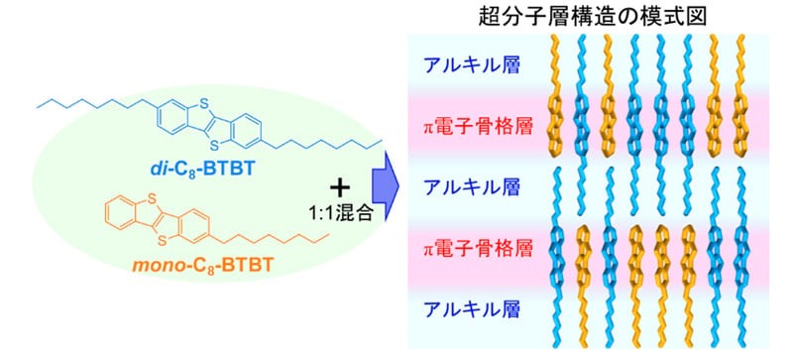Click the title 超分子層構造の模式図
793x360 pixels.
coord(592,18)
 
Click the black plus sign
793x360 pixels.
coord(340,188)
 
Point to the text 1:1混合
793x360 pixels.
coord(340,214)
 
